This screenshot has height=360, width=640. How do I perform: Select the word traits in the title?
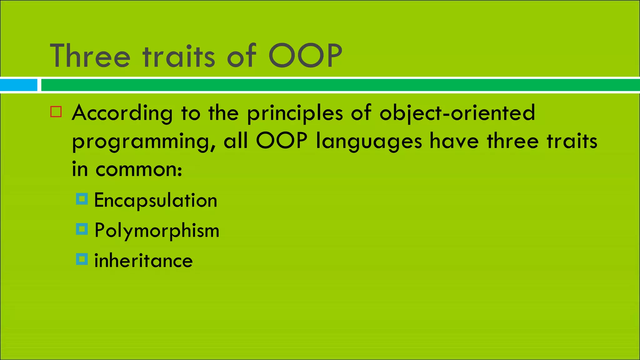tap(179, 56)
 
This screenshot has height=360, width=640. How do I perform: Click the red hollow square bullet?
tap(56, 112)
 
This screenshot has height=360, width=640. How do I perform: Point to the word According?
tap(122, 113)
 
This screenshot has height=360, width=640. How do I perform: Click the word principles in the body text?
tap(295, 113)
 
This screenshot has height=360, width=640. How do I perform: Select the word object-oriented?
tap(457, 113)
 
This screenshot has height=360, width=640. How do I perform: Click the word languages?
tap(369, 142)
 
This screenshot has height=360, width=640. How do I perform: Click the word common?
tap(138, 170)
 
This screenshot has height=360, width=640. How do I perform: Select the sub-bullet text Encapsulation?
tap(156, 200)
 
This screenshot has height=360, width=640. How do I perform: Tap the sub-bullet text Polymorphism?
tap(157, 231)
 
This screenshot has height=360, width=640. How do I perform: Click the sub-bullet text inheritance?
tap(143, 261)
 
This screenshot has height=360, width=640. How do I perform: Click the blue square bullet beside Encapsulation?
tap(82, 199)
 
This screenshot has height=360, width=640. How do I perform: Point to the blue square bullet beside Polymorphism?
tap(82, 229)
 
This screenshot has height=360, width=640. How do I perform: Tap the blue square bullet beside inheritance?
tap(82, 259)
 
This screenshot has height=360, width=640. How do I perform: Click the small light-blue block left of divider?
tap(18, 85)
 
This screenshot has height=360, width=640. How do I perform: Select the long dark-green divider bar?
tap(340, 85)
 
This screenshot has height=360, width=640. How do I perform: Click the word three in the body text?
tap(512, 141)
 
